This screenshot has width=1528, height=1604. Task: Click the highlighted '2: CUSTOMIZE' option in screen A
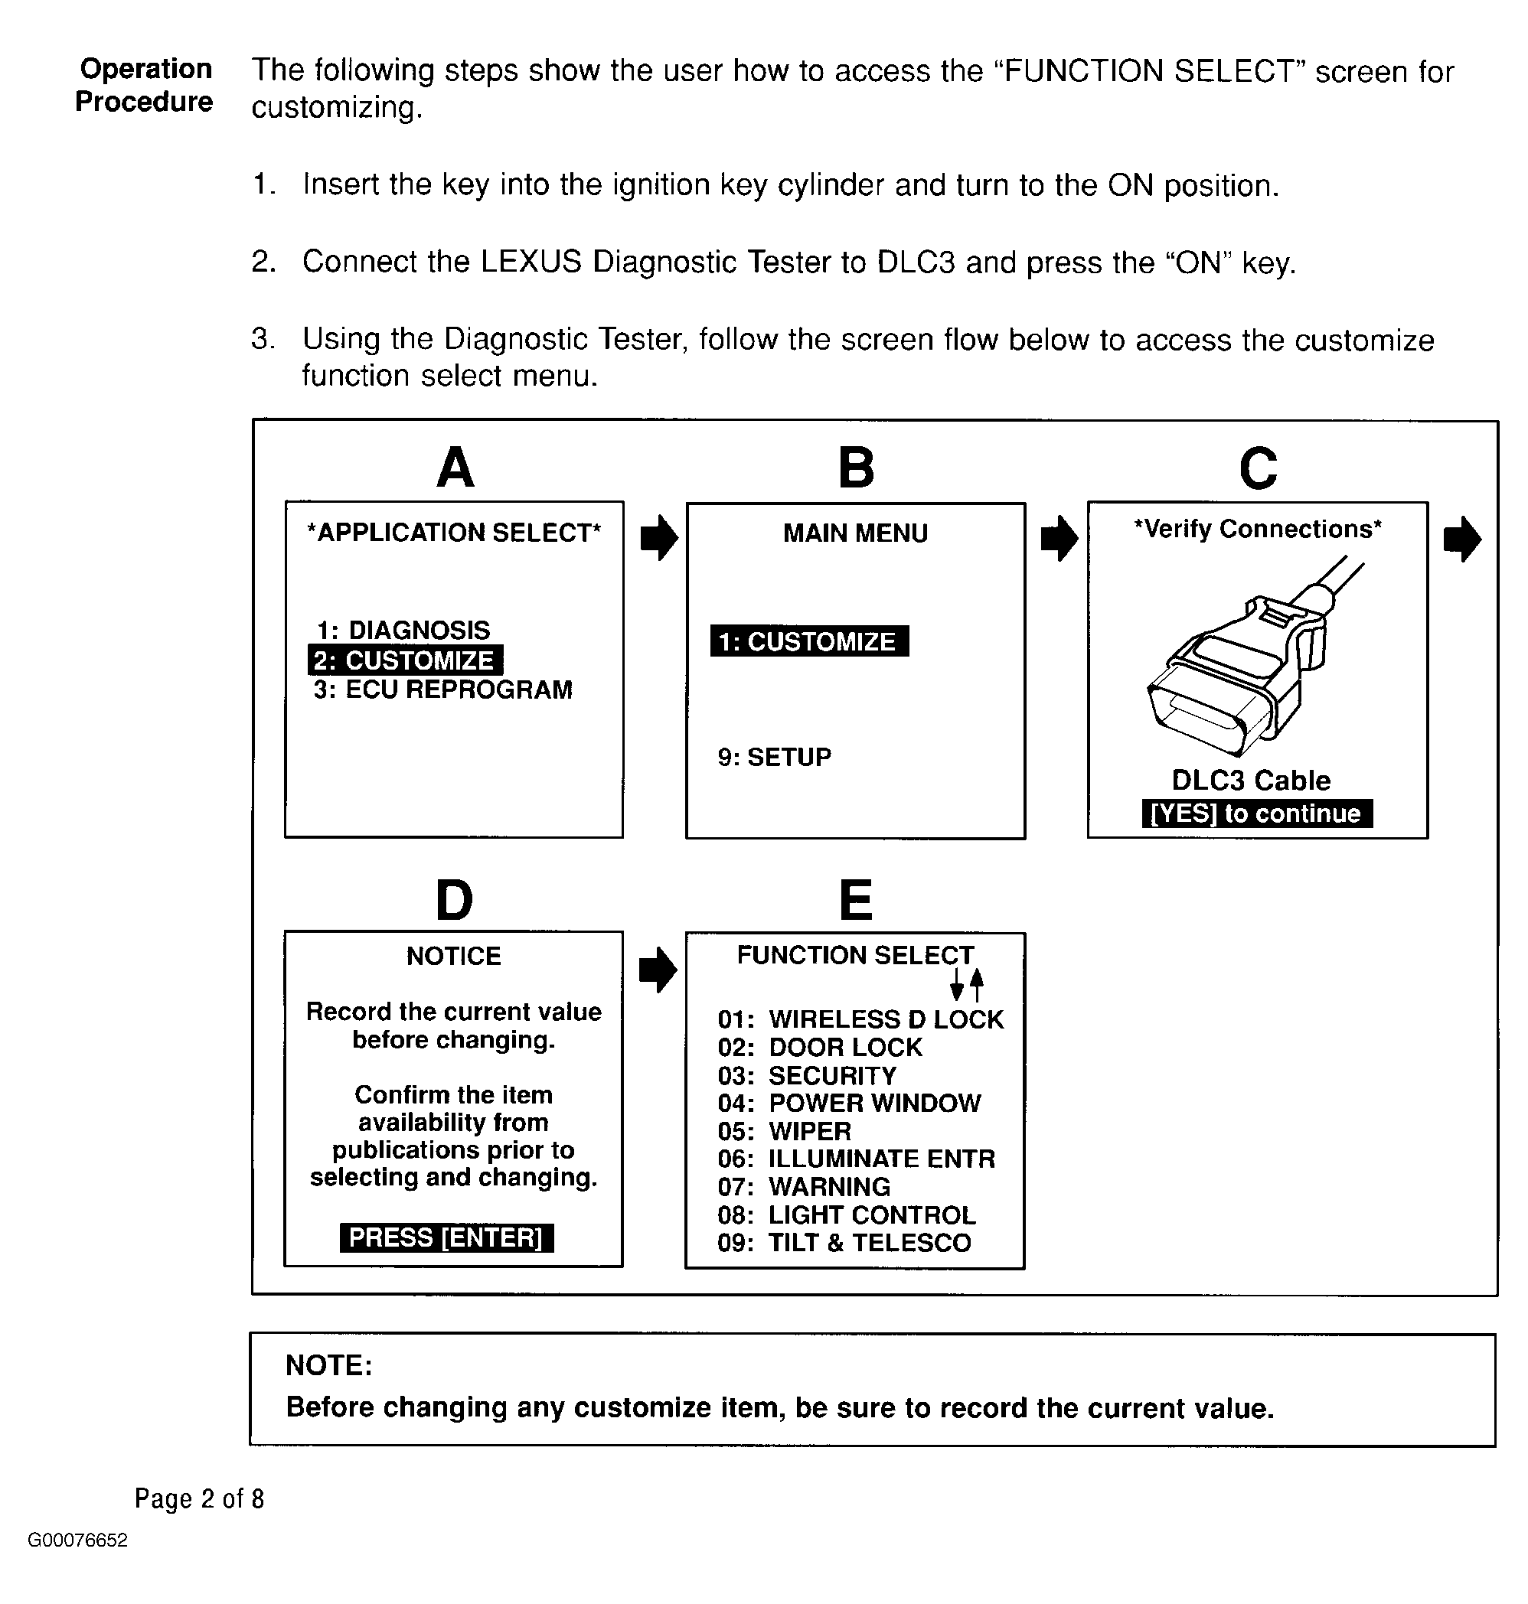point(405,660)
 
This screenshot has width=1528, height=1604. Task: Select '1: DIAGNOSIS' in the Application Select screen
point(403,629)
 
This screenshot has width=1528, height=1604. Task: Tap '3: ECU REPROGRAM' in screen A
point(442,690)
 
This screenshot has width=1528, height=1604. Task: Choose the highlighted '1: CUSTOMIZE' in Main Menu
point(809,641)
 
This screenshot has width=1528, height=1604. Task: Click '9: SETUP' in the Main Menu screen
point(774,757)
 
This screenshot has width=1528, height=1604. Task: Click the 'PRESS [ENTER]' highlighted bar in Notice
point(446,1237)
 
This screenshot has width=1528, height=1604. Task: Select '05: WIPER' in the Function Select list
point(784,1131)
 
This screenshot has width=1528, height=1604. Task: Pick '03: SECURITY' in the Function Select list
point(806,1075)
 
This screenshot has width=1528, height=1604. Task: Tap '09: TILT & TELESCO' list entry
point(844,1243)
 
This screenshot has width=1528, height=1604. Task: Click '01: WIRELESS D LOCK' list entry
point(860,1019)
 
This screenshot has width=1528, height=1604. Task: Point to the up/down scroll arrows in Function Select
point(967,985)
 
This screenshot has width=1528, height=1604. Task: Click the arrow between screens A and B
point(659,538)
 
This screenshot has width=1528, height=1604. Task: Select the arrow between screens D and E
point(658,970)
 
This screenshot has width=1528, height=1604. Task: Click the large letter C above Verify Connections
point(1258,468)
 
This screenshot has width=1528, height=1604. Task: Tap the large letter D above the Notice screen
point(454,901)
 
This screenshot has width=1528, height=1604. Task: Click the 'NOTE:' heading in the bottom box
point(328,1365)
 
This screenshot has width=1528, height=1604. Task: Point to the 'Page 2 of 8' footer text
point(200,1499)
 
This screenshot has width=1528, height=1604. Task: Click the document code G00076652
point(77,1540)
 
